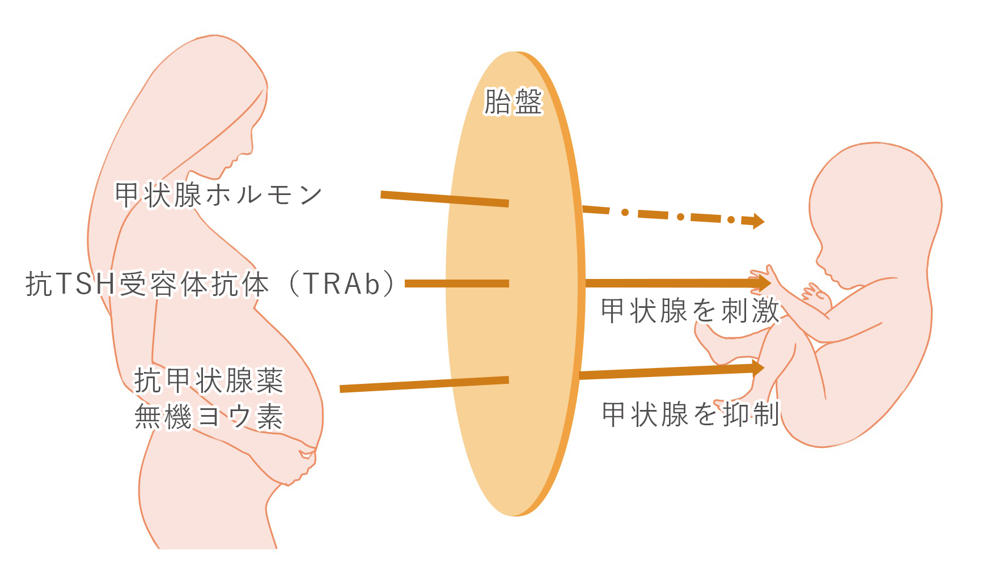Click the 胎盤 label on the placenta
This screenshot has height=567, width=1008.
pyautogui.click(x=513, y=102)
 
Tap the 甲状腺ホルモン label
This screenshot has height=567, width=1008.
pyautogui.click(x=218, y=195)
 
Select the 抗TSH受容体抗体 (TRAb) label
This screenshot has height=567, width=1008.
pyautogui.click(x=210, y=283)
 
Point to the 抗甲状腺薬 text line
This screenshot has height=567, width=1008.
pyautogui.click(x=208, y=380)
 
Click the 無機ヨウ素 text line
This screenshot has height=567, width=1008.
pyautogui.click(x=208, y=417)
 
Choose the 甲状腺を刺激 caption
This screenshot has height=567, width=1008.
pyautogui.click(x=690, y=311)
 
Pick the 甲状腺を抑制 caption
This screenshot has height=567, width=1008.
pyautogui.click(x=690, y=414)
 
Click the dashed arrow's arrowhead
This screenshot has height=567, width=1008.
pyautogui.click(x=757, y=221)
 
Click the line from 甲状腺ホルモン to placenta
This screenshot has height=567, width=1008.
pyautogui.click(x=444, y=199)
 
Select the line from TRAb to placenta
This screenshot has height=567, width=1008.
pyautogui.click(x=456, y=283)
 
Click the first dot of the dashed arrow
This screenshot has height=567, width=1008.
pyautogui.click(x=625, y=213)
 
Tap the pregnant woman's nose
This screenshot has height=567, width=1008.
pyautogui.click(x=250, y=149)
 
